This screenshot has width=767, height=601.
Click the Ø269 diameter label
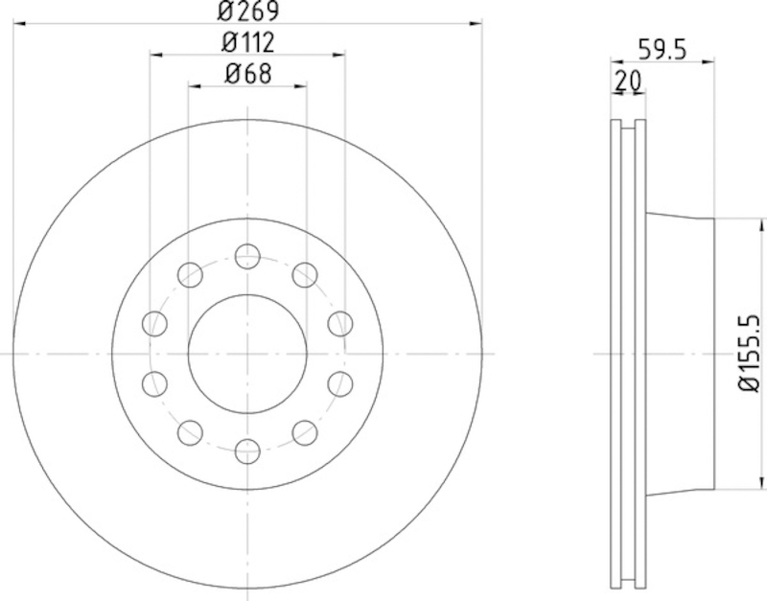246,12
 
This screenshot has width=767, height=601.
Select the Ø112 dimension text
246,42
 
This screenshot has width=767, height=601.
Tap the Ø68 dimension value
246,73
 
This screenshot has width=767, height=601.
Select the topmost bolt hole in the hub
247,256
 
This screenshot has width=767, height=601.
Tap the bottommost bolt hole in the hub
247,449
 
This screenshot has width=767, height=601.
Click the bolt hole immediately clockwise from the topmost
304,274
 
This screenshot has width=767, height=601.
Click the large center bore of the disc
247,353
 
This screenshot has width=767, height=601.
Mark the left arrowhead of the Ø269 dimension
19,24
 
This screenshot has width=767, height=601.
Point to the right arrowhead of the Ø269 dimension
475,24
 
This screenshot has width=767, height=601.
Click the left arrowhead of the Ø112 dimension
156,55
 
